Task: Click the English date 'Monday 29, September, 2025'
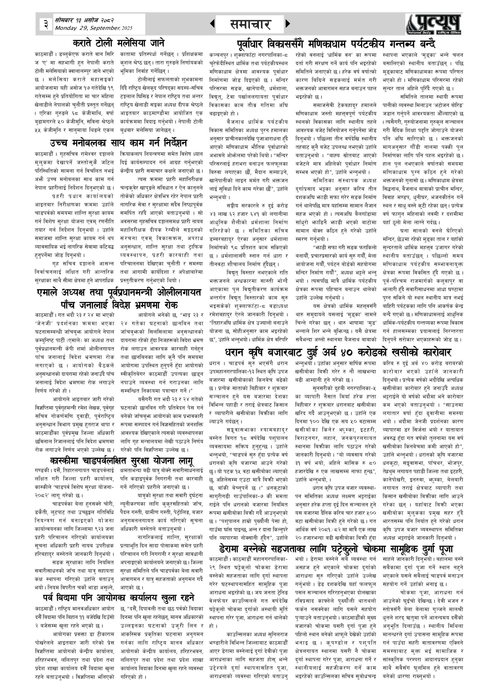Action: point(94,28)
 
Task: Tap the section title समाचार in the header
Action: point(250,24)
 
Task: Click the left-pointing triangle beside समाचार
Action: point(212,24)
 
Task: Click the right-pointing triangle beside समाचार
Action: point(288,24)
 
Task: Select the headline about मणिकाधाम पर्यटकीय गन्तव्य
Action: point(336,44)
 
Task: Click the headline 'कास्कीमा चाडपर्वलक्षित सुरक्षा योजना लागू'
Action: point(122,461)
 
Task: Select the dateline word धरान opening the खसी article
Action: point(215,364)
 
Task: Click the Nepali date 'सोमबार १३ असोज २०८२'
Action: point(84,21)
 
